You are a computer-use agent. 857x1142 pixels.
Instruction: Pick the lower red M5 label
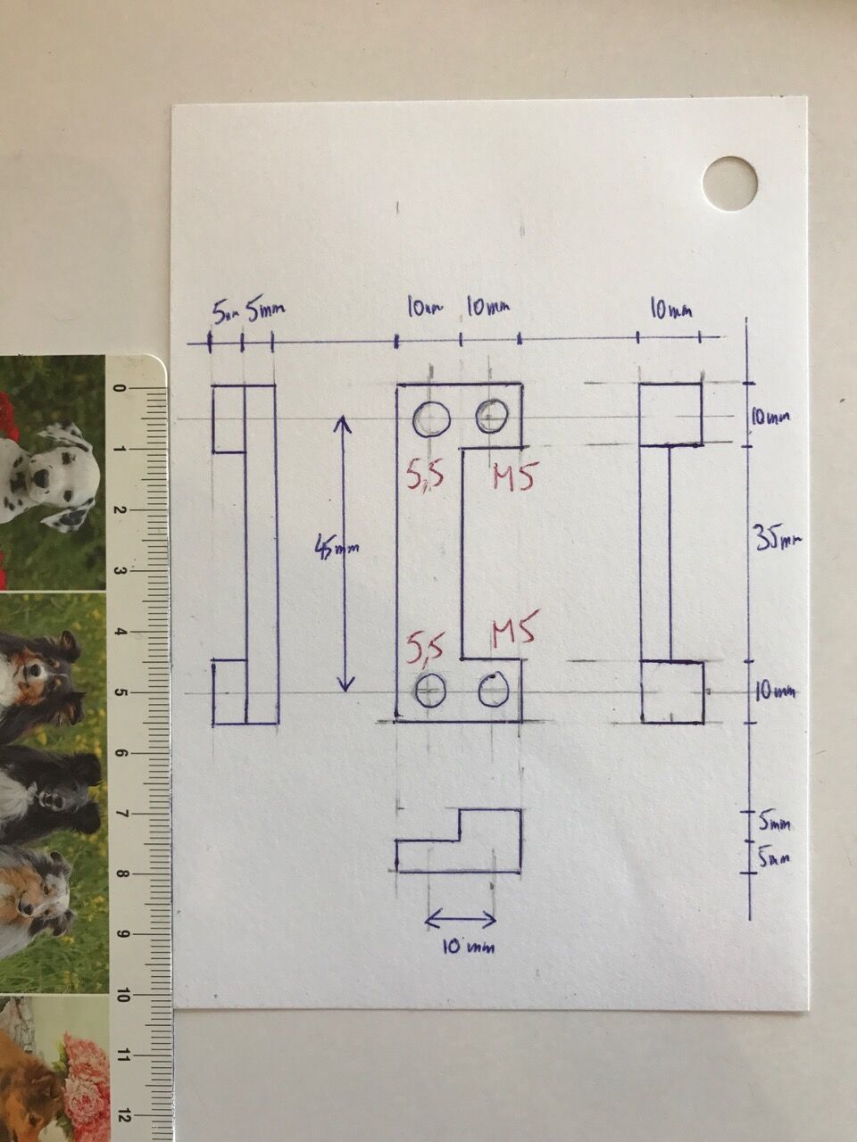tap(512, 633)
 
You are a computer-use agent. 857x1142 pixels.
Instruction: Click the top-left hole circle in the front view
tap(432, 418)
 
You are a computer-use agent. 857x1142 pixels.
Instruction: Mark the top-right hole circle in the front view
tap(492, 413)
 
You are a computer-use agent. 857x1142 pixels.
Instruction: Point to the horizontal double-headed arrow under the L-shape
tap(460, 918)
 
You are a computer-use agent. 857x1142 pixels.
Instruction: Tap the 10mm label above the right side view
tap(670, 310)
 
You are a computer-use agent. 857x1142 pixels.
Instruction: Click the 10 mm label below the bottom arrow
tap(468, 947)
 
